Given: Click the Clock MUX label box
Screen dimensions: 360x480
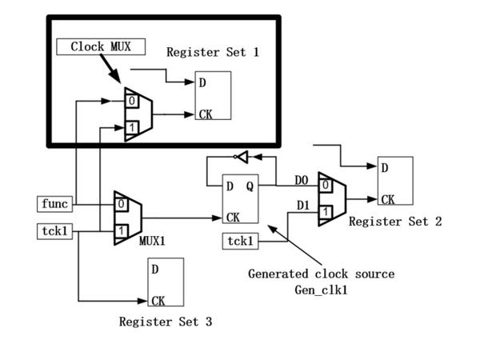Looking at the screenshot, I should pyautogui.click(x=100, y=46).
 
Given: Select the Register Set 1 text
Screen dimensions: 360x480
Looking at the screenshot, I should pyautogui.click(x=213, y=52).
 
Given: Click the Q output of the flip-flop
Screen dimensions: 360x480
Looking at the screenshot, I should pyautogui.click(x=250, y=187).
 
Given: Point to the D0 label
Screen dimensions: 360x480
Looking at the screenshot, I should pyautogui.click(x=301, y=182).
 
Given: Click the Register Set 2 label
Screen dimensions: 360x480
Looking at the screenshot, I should pyautogui.click(x=394, y=222).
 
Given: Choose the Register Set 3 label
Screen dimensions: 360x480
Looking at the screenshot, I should pyautogui.click(x=166, y=322).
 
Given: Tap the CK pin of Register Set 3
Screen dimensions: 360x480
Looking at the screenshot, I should pyautogui.click(x=158, y=301).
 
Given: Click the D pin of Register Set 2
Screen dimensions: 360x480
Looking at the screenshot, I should pyautogui.click(x=385, y=168).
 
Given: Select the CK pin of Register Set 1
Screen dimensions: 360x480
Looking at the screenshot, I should pyautogui.click(x=205, y=114).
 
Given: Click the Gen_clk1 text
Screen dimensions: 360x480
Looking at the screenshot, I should pyautogui.click(x=321, y=287).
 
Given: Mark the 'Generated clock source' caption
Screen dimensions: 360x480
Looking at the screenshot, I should pyautogui.click(x=321, y=274).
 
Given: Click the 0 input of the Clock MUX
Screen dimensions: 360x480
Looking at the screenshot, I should pyautogui.click(x=130, y=102).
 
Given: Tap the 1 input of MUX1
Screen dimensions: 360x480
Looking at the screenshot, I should pyautogui.click(x=121, y=230).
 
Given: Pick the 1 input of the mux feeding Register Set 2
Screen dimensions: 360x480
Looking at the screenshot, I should pyautogui.click(x=325, y=212).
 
